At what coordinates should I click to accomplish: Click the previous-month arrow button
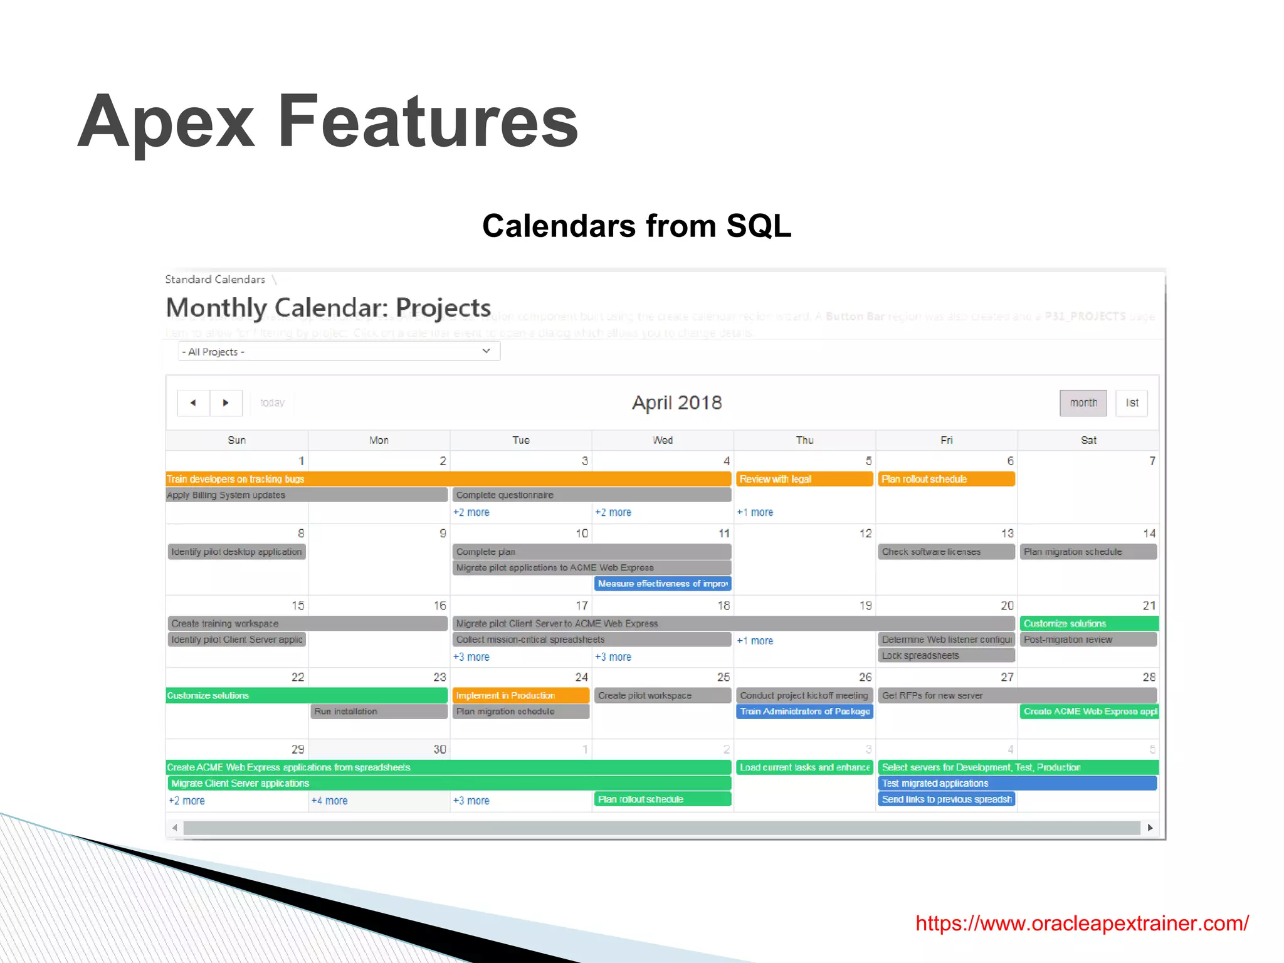click(193, 403)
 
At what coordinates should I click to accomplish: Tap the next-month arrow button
click(226, 403)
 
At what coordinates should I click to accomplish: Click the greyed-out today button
click(272, 403)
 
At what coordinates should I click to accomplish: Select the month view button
click(1083, 403)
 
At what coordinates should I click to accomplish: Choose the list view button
click(1132, 403)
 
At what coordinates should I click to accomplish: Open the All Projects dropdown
click(339, 352)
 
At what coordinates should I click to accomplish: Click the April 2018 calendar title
click(676, 403)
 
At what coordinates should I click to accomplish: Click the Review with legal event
click(804, 479)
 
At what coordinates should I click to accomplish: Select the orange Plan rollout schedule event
click(945, 479)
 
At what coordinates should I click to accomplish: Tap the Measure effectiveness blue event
click(662, 584)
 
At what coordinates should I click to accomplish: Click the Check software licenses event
click(945, 552)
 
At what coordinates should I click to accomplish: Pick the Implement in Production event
click(520, 695)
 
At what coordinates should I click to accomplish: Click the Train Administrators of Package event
click(804, 712)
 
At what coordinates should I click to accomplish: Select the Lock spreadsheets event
click(945, 656)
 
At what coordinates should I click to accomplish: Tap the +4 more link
click(329, 801)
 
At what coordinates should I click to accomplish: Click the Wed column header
click(662, 440)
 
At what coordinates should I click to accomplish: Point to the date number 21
click(1149, 606)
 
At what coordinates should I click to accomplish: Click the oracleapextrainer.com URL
click(1081, 923)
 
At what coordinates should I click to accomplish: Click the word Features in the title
click(428, 121)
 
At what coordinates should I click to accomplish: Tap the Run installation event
click(379, 712)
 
